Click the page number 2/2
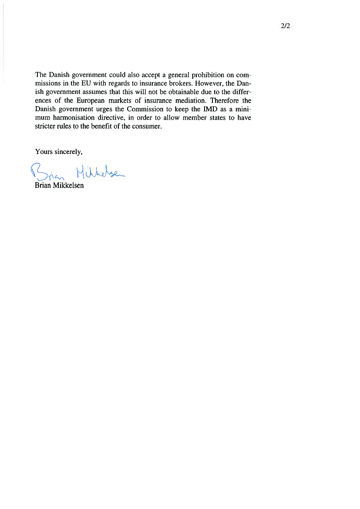(x=286, y=26)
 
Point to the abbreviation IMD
(x=199, y=109)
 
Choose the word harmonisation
(x=77, y=118)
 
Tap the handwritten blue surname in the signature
(x=99, y=172)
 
